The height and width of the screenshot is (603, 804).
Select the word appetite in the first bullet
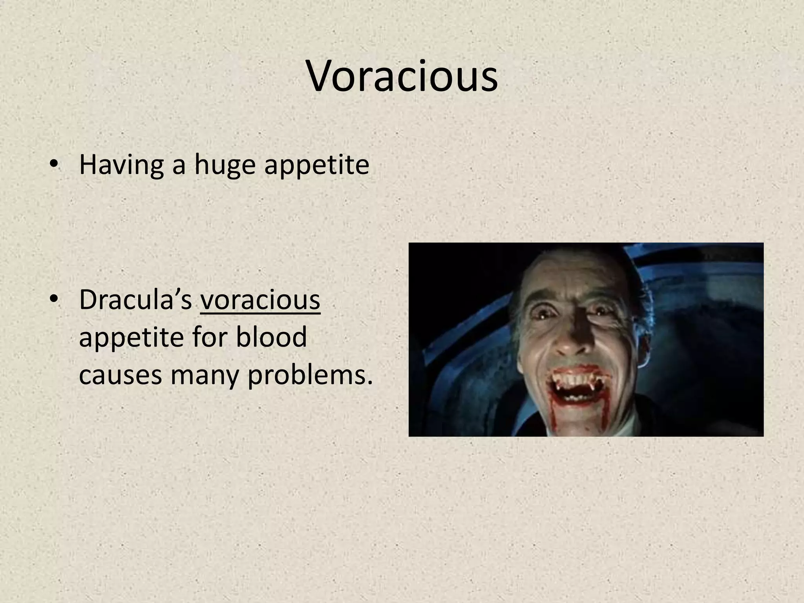[316, 166]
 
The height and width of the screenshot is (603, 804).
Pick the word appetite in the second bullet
[131, 338]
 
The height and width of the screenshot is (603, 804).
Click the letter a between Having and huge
[178, 166]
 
